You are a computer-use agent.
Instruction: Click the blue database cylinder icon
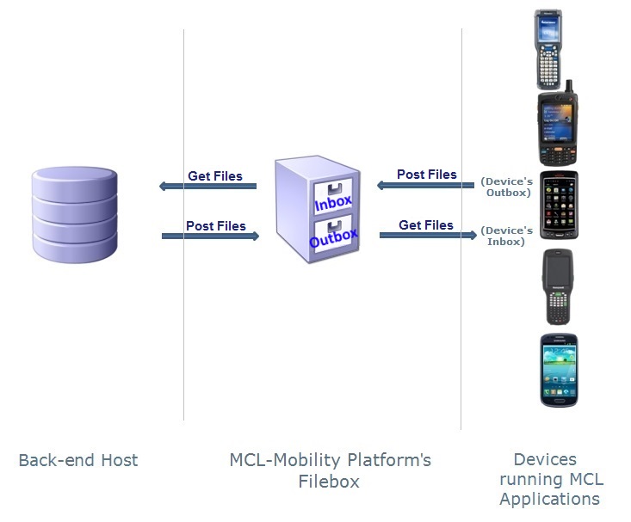74,214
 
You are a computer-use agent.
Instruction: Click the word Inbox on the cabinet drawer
332,204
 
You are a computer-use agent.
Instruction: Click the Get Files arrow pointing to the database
208,186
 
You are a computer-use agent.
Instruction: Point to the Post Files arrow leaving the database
210,235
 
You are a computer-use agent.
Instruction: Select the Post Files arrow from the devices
425,184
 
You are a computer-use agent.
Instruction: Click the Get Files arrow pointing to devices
428,234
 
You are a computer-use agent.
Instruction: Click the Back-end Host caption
78,460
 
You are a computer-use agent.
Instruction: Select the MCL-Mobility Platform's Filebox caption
330,470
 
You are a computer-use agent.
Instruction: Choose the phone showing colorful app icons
558,205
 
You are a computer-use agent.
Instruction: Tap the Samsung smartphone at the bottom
558,370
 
